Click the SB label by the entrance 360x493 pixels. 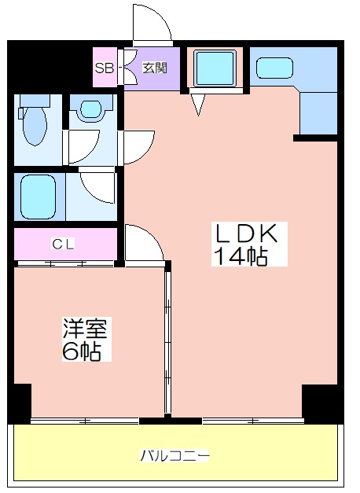[x=105, y=68]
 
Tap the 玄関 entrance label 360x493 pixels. [x=155, y=68]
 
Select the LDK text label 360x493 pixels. [x=245, y=234]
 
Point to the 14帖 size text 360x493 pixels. [x=241, y=256]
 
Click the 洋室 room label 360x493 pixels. [x=85, y=328]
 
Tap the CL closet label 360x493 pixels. [x=63, y=244]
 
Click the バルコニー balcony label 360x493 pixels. [x=174, y=455]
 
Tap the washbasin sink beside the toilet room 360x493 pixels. [x=90, y=109]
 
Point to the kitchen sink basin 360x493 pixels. [x=275, y=68]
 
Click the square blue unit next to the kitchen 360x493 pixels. [x=215, y=68]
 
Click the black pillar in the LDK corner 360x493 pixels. [x=319, y=403]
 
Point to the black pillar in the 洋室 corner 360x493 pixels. [x=23, y=403]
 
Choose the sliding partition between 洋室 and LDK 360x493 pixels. [x=168, y=341]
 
